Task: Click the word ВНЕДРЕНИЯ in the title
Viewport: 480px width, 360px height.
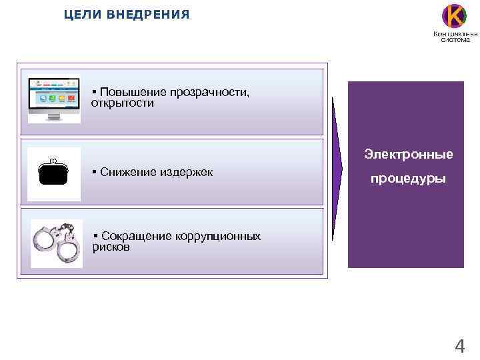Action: click(147, 14)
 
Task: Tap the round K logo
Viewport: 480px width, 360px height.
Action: click(455, 16)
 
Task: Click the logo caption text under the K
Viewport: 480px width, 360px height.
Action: click(455, 36)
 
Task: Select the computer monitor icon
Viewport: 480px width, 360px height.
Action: click(53, 100)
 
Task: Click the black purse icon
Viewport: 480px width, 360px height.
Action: click(53, 173)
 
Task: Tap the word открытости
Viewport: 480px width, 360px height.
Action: click(122, 103)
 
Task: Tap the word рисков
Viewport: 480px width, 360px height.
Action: click(111, 247)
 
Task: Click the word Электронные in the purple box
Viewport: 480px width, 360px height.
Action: click(408, 155)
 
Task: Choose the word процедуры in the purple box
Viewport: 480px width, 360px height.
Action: click(408, 180)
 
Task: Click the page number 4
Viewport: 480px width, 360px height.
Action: click(459, 346)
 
